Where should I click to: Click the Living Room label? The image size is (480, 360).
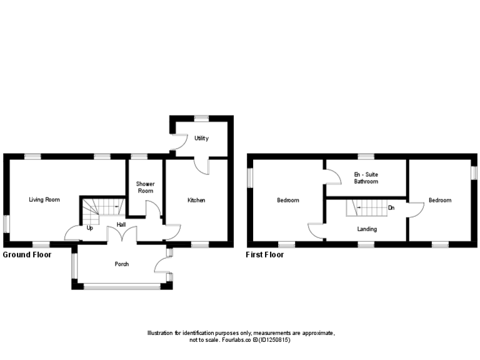(44, 200)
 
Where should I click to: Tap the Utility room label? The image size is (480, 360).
(201, 138)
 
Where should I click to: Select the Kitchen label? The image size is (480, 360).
(196, 200)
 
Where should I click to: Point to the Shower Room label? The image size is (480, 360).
(145, 187)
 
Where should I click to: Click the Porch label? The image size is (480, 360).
(121, 264)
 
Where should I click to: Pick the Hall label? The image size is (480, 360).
(121, 225)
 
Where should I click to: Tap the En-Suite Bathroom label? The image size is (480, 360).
(366, 178)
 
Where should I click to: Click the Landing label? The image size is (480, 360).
(367, 229)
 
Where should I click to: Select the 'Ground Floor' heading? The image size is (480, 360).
(27, 255)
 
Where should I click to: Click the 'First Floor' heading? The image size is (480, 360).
(265, 255)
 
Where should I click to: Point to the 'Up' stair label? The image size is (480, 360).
(90, 228)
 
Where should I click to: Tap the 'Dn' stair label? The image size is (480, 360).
(391, 207)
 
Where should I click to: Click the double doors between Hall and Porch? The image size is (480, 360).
(122, 235)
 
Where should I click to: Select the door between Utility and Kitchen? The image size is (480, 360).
(201, 165)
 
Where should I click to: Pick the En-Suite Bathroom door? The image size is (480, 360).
(332, 176)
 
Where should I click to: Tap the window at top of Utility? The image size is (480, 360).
(201, 117)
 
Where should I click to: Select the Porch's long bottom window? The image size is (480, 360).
(122, 286)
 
